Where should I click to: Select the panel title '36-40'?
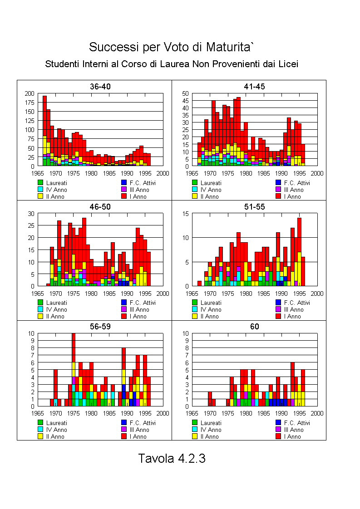[100, 87]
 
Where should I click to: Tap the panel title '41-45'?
[254, 87]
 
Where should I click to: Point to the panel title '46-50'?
[100, 207]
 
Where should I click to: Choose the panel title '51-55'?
[254, 207]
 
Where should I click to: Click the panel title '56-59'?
[100, 327]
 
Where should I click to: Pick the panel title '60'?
[254, 327]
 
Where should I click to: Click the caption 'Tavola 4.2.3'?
[172, 458]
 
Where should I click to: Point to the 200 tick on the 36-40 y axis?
[30, 93]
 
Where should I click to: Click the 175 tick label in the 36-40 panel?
[30, 103]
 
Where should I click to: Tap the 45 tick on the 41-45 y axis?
[185, 101]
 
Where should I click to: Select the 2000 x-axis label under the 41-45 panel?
[317, 173]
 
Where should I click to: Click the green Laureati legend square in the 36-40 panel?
[40, 183]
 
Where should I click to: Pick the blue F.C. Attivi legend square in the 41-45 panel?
[278, 183]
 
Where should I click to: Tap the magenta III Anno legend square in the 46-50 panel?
[124, 309]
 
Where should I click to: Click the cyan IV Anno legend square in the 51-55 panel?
[195, 309]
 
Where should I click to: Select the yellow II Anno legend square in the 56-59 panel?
[40, 436]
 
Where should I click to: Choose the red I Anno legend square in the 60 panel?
[278, 436]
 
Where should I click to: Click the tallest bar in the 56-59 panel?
[74, 370]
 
